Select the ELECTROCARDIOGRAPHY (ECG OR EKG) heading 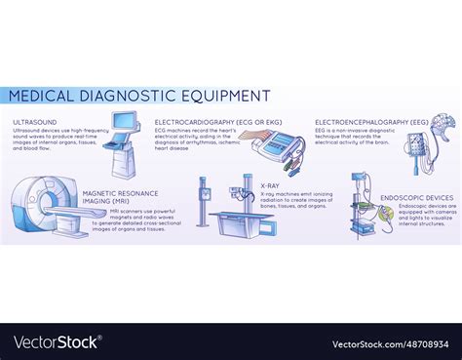point(210,123)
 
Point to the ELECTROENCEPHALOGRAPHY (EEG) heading point(371,123)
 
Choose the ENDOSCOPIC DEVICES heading point(414,198)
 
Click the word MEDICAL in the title point(43,96)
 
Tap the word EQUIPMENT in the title point(225,96)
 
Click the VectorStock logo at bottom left point(56,342)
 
